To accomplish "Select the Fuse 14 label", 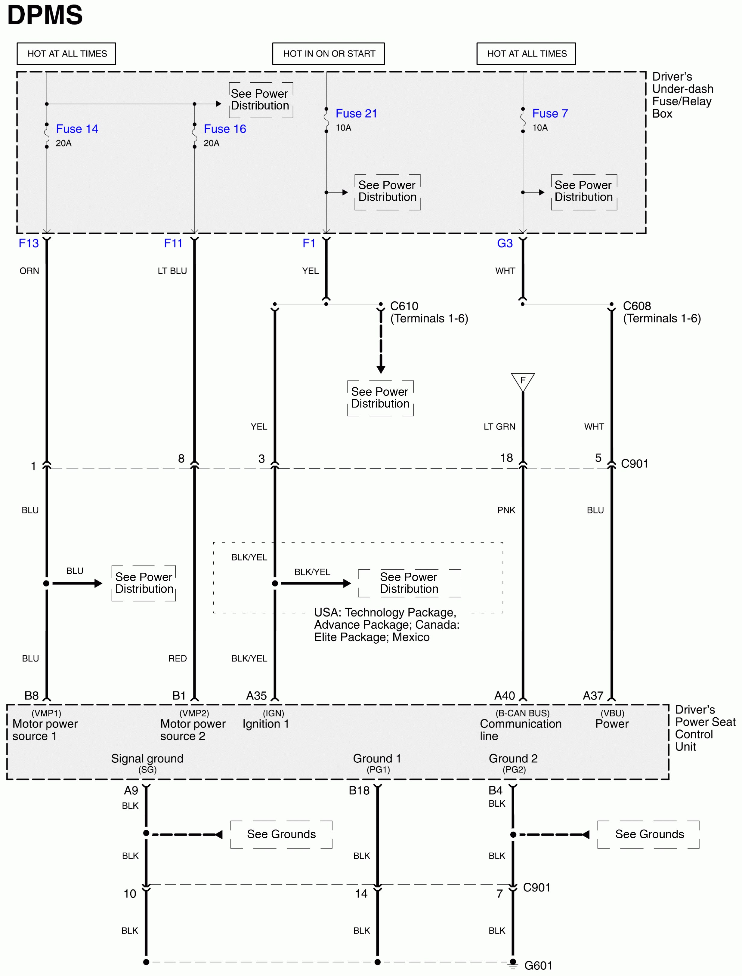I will (77, 129).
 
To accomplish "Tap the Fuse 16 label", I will (225, 129).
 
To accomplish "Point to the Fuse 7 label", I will (550, 113).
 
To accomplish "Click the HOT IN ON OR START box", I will (329, 54).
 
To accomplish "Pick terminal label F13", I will (29, 243).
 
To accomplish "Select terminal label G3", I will (505, 243).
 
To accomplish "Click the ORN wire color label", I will (29, 271).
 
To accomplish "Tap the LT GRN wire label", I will (499, 426).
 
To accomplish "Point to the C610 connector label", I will (404, 306).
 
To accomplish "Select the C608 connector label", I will (637, 306).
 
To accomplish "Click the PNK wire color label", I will (506, 510).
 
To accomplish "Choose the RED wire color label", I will (178, 659).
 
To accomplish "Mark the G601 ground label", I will (538, 966).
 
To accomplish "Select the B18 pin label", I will (359, 791).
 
